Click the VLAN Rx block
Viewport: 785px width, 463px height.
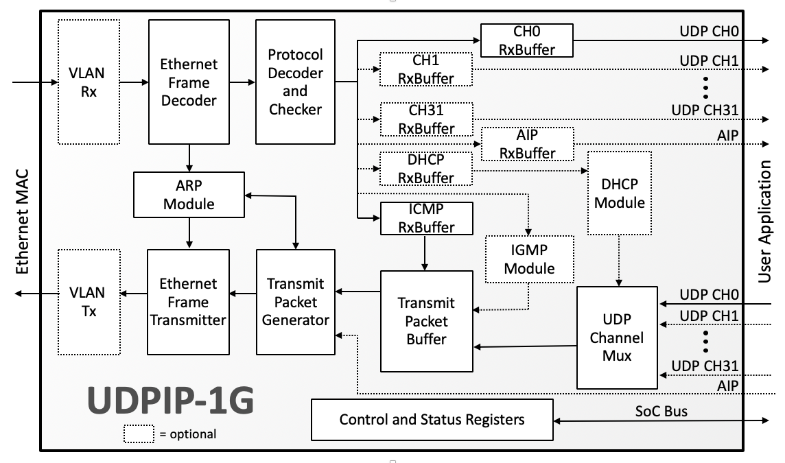(89, 82)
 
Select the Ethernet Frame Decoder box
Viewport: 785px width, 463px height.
(189, 82)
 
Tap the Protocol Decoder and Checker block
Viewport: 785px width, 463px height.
(295, 82)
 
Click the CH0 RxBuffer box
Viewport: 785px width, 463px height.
(526, 40)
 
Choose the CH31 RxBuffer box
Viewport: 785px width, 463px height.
(425, 119)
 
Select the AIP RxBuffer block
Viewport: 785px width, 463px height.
(527, 143)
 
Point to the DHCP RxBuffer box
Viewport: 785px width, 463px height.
(425, 169)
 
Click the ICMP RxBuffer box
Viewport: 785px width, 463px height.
(425, 218)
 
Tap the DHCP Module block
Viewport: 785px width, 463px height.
(619, 193)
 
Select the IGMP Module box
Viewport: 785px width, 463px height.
(529, 258)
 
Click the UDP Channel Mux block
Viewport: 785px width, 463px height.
(617, 337)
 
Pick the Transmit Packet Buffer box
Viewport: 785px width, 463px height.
(425, 321)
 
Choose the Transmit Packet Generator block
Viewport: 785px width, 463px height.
(296, 302)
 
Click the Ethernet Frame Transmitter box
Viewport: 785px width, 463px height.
(189, 302)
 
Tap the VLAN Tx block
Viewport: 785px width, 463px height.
(89, 302)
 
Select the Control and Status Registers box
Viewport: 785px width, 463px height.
(432, 419)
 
